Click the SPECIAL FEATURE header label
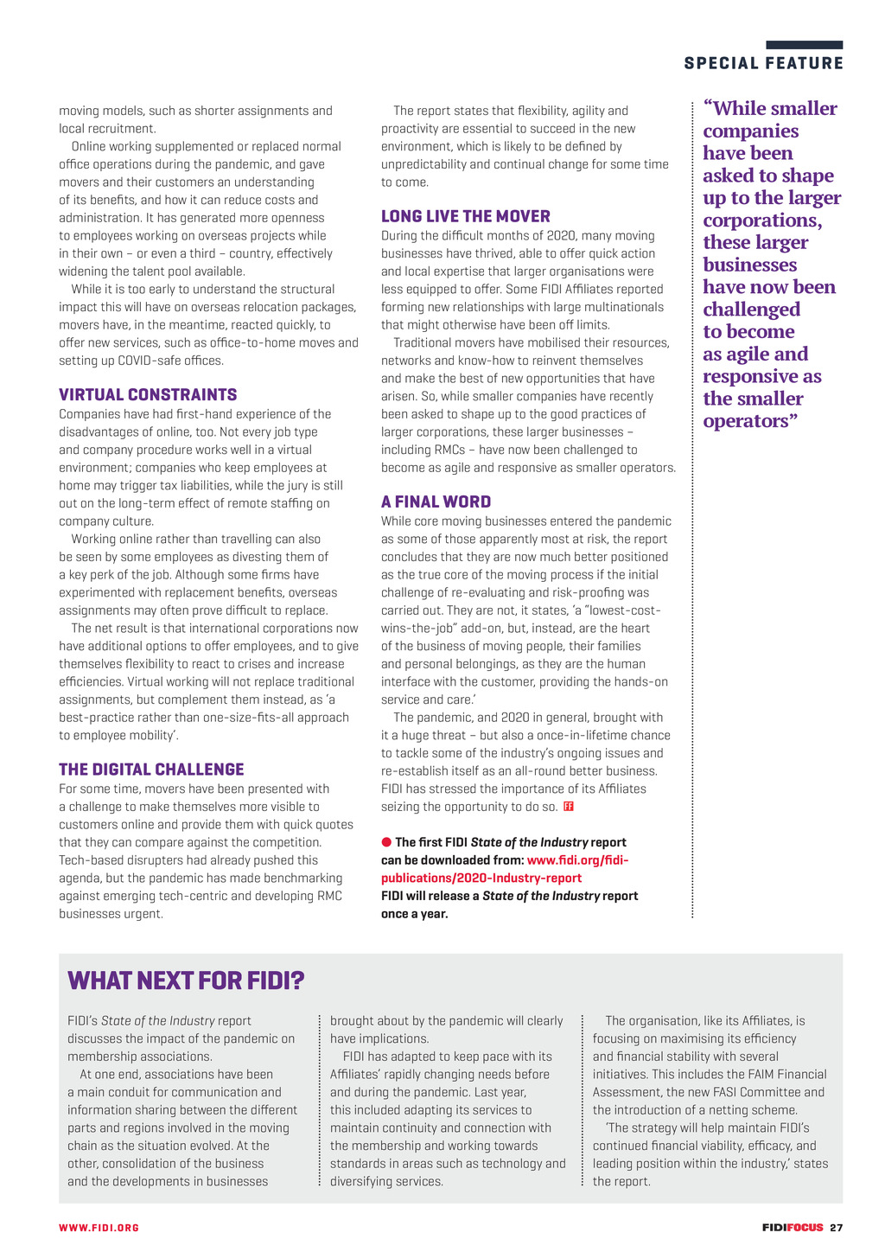pyautogui.click(x=763, y=63)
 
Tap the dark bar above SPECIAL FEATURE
pyautogui.click(x=804, y=45)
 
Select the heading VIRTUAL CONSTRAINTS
pyautogui.click(x=148, y=395)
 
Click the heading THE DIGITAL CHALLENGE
pyautogui.click(x=151, y=770)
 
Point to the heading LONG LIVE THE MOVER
pyautogui.click(x=466, y=216)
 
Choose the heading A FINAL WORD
pyautogui.click(x=436, y=501)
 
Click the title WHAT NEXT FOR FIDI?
pyautogui.click(x=186, y=981)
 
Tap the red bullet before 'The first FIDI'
pyautogui.click(x=386, y=842)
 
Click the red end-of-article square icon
pyautogui.click(x=568, y=807)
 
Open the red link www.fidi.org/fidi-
pyautogui.click(x=577, y=860)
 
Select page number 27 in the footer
pyautogui.click(x=836, y=1228)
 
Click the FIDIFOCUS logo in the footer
pyautogui.click(x=792, y=1228)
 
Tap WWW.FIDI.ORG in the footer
pyautogui.click(x=99, y=1228)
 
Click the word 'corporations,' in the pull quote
pyautogui.click(x=762, y=220)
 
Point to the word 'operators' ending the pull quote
pyautogui.click(x=746, y=421)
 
